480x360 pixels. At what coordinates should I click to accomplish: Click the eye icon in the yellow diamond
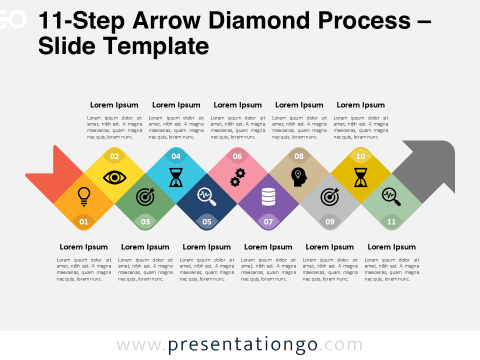coord(114,177)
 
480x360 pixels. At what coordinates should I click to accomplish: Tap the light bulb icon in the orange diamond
coord(84,196)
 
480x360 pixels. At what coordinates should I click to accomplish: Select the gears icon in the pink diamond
coord(237,177)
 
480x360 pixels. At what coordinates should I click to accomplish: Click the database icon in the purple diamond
coord(268,196)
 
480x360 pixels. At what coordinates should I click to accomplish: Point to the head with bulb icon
coord(298,177)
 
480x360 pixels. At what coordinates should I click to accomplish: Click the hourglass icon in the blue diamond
coord(176,177)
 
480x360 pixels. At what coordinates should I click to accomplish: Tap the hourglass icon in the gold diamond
coord(360,177)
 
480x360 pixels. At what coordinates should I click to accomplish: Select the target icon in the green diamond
coord(145,196)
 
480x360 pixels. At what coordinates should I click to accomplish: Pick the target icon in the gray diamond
coord(329,196)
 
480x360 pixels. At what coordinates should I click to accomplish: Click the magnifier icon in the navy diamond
coord(206,196)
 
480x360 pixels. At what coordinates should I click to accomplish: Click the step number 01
coord(84,221)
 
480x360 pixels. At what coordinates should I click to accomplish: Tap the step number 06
coord(237,156)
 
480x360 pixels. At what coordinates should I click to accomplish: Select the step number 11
coord(391,221)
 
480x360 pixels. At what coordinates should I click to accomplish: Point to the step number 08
coord(299,156)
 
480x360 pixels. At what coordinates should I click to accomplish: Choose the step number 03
coord(145,221)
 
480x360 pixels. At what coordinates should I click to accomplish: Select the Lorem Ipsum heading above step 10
coord(360,105)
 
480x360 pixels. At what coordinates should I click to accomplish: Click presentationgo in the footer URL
coord(243,345)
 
